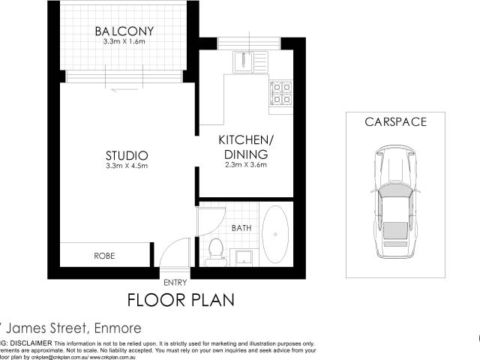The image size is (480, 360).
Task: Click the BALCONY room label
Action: click(124, 31)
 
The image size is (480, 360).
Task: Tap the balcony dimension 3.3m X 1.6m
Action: click(124, 43)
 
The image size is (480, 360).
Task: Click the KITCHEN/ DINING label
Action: click(243, 147)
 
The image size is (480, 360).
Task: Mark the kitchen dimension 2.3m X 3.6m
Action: click(243, 166)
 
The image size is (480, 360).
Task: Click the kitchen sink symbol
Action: click(244, 60)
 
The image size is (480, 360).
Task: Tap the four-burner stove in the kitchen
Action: click(280, 92)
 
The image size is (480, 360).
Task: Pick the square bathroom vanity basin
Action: click(244, 257)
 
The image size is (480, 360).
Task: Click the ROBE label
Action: click(104, 256)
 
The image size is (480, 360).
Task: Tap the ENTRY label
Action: click(175, 282)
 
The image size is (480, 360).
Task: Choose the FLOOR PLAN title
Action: click(181, 300)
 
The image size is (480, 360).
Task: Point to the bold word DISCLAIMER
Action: click(31, 342)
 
